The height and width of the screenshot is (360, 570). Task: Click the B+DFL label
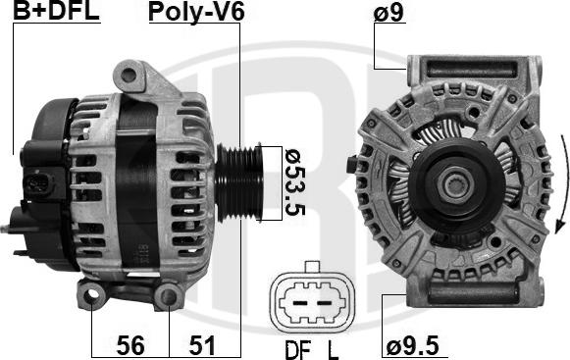[x=56, y=11]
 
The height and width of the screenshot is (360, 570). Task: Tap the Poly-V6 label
[x=196, y=12]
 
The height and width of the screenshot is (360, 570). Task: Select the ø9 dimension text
[x=389, y=12]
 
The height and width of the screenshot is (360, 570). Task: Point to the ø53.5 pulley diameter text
[x=295, y=182]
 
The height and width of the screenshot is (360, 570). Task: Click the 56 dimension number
[x=130, y=345]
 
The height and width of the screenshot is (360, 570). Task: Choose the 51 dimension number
[x=202, y=345]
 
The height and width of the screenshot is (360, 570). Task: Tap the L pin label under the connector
[x=333, y=350]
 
